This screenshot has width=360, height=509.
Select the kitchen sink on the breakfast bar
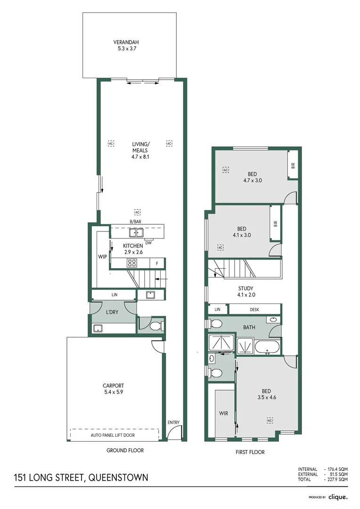[137, 232]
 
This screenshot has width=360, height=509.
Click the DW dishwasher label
[148, 243]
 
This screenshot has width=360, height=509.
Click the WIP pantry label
[102, 257]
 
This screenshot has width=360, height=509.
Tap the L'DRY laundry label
[112, 312]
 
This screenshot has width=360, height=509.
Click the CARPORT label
[113, 386]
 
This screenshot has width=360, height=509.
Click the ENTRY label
[173, 422]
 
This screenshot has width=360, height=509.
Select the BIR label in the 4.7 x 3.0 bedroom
[293, 165]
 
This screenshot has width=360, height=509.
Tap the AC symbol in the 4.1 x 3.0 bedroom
[220, 247]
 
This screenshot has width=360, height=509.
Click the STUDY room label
[245, 288]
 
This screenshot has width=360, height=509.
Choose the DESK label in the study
[254, 310]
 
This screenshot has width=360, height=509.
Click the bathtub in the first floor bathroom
[267, 347]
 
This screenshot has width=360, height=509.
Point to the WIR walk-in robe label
[223, 413]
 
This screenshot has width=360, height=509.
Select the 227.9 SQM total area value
[337, 479]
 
